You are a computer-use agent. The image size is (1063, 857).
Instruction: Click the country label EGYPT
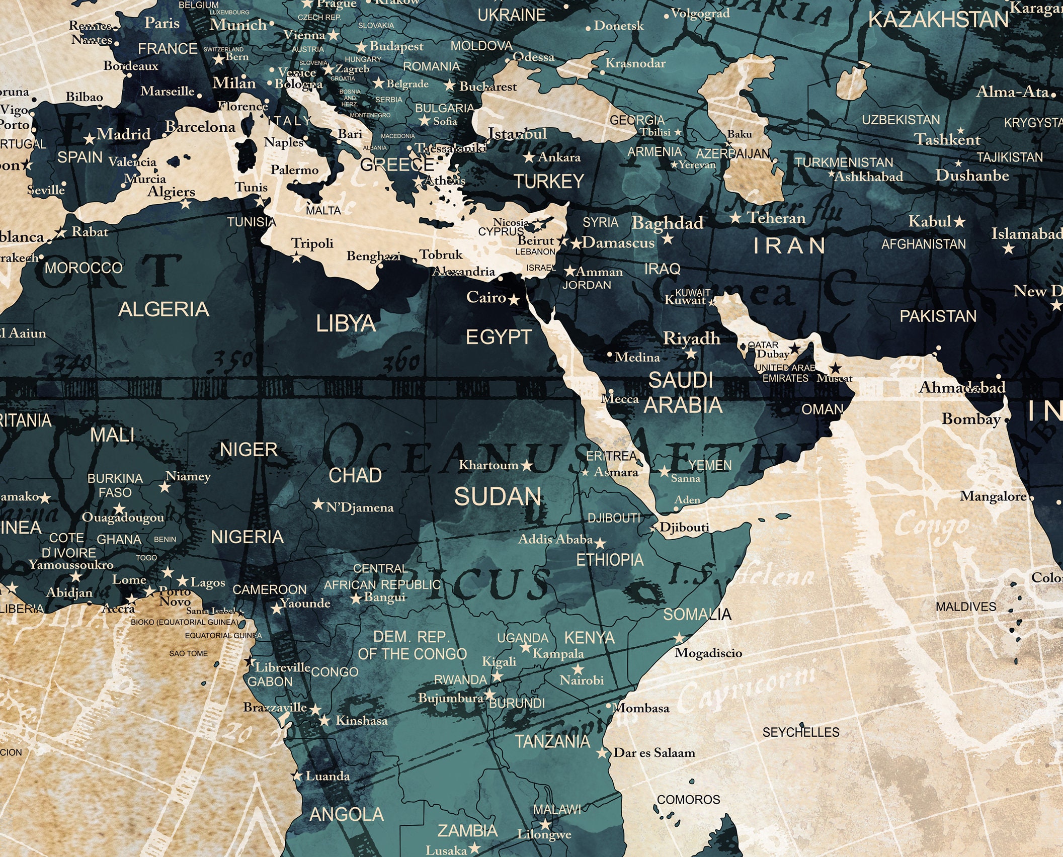(499, 337)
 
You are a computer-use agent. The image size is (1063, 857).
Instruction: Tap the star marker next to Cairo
(514, 300)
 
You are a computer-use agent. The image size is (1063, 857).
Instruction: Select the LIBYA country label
(346, 323)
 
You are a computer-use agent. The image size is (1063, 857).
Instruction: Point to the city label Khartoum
(488, 465)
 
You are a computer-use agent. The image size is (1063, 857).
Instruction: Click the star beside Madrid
(90, 138)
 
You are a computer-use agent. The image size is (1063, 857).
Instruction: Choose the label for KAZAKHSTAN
(938, 20)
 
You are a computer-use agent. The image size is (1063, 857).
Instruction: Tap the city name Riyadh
(692, 338)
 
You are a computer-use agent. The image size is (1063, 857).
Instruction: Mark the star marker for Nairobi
(578, 669)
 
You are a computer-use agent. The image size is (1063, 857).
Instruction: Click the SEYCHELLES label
(801, 732)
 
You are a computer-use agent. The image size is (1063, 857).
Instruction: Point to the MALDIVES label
(966, 607)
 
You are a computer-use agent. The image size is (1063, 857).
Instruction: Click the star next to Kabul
(960, 221)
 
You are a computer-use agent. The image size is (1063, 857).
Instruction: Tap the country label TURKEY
(549, 181)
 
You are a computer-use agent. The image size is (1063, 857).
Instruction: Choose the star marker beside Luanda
(297, 776)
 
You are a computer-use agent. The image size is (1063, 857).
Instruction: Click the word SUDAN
(498, 497)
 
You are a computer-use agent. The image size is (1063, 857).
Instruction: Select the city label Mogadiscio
(708, 653)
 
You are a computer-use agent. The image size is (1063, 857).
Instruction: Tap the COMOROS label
(688, 799)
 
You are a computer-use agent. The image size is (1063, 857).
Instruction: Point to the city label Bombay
(971, 419)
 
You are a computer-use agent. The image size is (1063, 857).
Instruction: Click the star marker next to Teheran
(735, 218)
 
